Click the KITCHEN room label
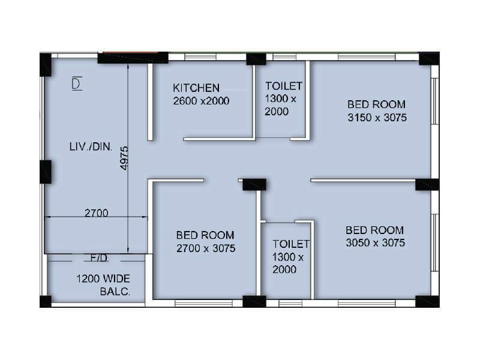196,88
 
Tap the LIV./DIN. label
90,146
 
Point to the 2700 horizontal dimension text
96,212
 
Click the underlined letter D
76,84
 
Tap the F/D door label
98,258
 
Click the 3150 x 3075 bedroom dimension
377,118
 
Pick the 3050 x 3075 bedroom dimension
375,243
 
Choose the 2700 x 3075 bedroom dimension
205,248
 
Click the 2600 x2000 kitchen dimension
201,101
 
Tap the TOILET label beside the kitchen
284,86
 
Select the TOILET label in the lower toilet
290,244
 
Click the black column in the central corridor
254,184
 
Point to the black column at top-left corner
46,64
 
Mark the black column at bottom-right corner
427,301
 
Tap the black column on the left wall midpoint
46,172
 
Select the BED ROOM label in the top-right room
376,104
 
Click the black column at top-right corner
428,58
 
